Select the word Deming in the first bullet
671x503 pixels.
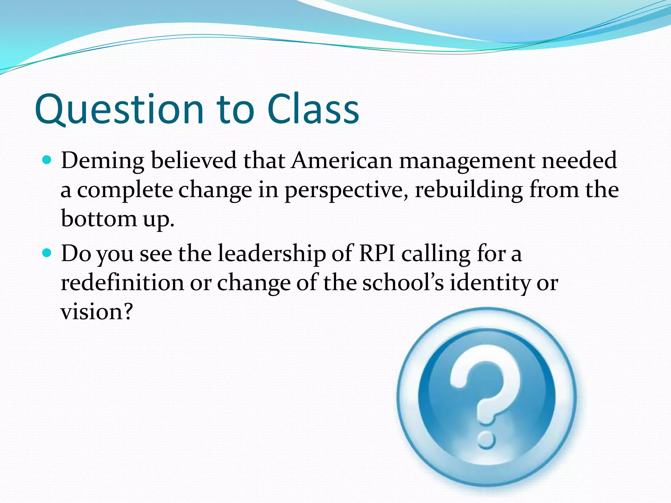point(103,161)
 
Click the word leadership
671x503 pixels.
point(272,254)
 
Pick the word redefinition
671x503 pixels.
point(122,282)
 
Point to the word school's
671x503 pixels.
point(403,282)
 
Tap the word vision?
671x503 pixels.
point(97,311)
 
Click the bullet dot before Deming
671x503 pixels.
point(48,160)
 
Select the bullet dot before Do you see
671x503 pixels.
point(48,253)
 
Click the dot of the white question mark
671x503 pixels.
point(486,440)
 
